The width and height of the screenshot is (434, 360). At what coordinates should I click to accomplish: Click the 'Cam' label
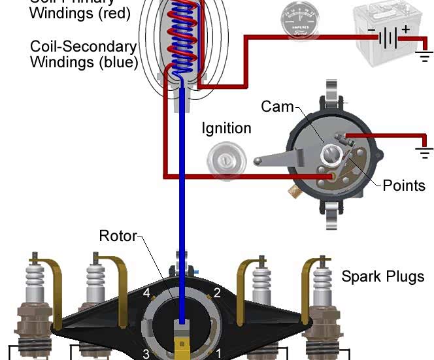(277, 106)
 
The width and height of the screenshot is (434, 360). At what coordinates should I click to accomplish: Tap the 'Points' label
(404, 185)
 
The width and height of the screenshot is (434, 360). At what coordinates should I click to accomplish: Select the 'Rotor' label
(118, 235)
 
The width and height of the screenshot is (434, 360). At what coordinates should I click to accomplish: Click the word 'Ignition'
(226, 128)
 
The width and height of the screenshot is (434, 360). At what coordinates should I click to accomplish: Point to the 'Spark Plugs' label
(382, 276)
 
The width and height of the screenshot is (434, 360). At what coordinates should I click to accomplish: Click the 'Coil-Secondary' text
(83, 46)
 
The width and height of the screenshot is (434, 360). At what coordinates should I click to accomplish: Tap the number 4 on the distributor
(147, 292)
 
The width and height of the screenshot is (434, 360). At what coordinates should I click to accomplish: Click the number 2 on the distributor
(217, 292)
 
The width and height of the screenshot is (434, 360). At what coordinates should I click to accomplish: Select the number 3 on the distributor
(146, 353)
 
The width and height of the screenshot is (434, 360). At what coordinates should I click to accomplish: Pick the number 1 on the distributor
(218, 353)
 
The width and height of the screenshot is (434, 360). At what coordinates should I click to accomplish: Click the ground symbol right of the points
(424, 152)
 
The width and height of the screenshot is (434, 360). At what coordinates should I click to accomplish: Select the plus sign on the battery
(405, 29)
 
